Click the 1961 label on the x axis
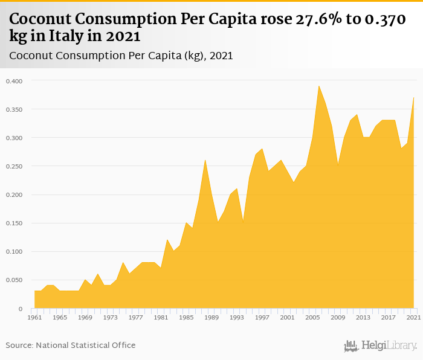click(x=35, y=317)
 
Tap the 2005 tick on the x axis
click(x=312, y=317)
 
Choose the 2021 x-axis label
click(x=413, y=317)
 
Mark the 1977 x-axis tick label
click(x=136, y=317)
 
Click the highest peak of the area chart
click(x=319, y=86)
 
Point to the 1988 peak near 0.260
click(x=205, y=160)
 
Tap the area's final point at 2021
click(x=413, y=98)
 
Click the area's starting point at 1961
click(x=35, y=291)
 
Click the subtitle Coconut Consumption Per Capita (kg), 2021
click(x=121, y=56)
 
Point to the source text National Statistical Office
click(x=85, y=345)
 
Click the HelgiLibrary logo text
click(x=389, y=346)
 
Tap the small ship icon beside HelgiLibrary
click(x=351, y=346)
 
